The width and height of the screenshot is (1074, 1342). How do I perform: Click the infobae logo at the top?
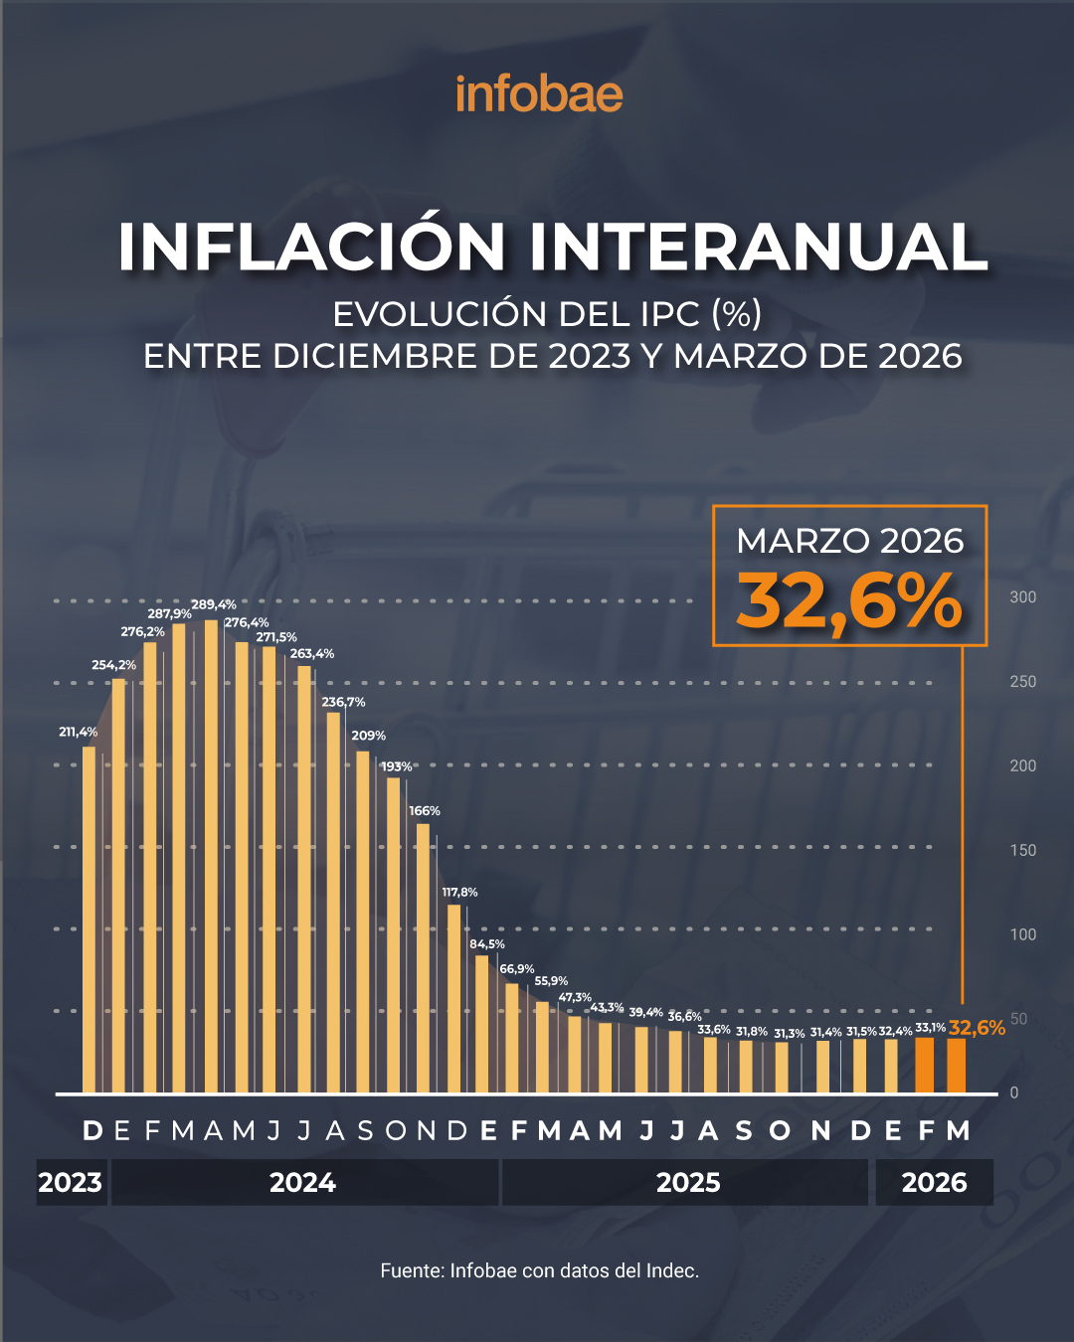[x=539, y=94]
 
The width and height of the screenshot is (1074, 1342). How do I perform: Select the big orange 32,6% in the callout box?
[x=849, y=602]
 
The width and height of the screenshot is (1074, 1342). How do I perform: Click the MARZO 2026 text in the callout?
[x=849, y=541]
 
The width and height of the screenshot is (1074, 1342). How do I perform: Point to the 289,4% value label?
[x=214, y=604]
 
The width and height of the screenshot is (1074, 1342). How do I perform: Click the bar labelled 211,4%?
[x=89, y=920]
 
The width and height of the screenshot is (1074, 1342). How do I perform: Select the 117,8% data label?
[x=459, y=892]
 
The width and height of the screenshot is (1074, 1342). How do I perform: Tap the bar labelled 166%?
[x=423, y=958]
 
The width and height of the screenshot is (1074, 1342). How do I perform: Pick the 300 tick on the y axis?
[x=1022, y=597]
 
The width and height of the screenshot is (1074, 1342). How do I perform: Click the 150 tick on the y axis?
[x=1022, y=850]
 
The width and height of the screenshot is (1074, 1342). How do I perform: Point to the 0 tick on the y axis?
[x=1014, y=1092]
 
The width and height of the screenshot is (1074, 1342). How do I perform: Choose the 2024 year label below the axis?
[x=303, y=1183]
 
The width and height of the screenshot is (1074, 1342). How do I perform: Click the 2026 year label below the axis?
[x=934, y=1183]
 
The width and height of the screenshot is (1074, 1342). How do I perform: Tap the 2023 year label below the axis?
[x=71, y=1183]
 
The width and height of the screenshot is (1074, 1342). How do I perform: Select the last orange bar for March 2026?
[x=956, y=1066]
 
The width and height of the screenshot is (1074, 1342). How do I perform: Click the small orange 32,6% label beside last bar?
[x=977, y=1028]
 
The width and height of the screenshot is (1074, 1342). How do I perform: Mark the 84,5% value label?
[x=487, y=943]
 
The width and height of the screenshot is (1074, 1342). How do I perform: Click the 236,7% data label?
[x=343, y=702]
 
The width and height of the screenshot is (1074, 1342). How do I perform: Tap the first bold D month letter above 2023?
[x=92, y=1131]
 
